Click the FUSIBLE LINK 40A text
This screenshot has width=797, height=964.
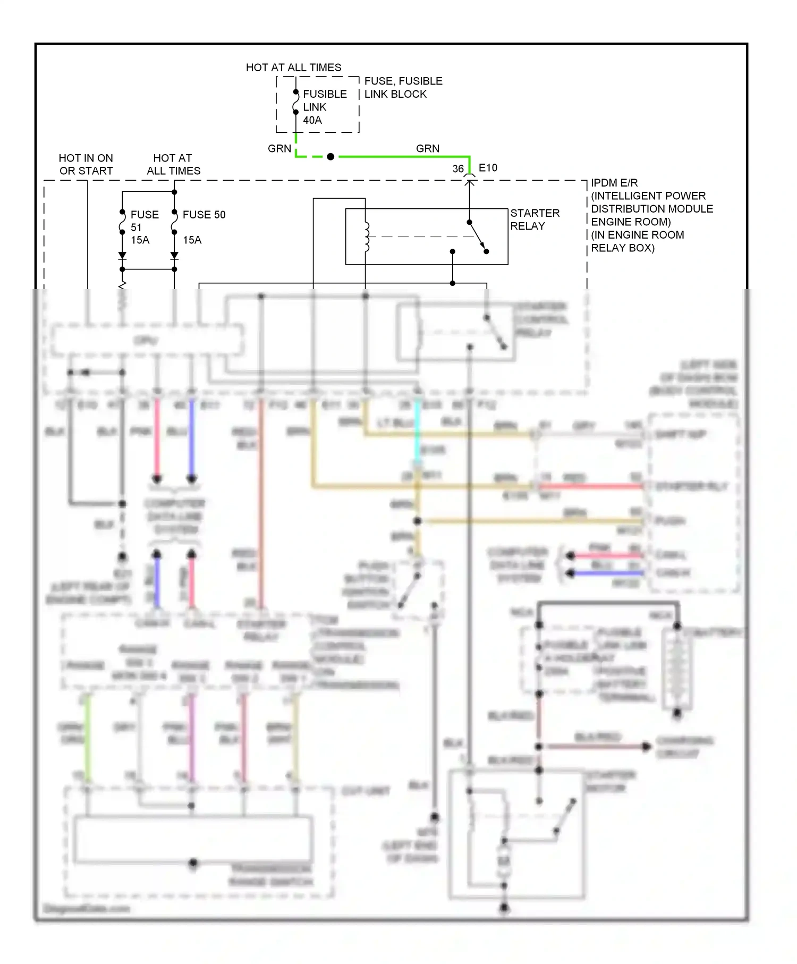[324, 107]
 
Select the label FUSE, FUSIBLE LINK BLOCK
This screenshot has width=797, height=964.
[403, 88]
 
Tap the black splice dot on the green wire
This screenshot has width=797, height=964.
[330, 157]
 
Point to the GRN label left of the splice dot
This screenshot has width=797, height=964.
[279, 149]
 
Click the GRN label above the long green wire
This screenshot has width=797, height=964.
[428, 149]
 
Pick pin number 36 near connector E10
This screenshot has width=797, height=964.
[458, 169]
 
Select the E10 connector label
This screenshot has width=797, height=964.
[488, 168]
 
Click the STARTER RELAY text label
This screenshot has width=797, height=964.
[535, 219]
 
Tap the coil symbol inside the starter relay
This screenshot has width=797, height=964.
[366, 236]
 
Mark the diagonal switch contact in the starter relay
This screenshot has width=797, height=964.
[478, 237]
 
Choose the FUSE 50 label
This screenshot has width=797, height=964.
[204, 215]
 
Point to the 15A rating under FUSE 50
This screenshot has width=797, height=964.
[192, 240]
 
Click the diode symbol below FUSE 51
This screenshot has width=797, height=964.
[122, 256]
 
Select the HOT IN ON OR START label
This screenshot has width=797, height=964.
[86, 164]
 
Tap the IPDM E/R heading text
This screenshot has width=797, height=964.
[614, 183]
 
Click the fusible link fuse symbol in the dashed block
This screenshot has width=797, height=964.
[296, 102]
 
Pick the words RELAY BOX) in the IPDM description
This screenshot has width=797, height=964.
[623, 248]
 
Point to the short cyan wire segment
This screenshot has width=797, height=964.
[418, 430]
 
